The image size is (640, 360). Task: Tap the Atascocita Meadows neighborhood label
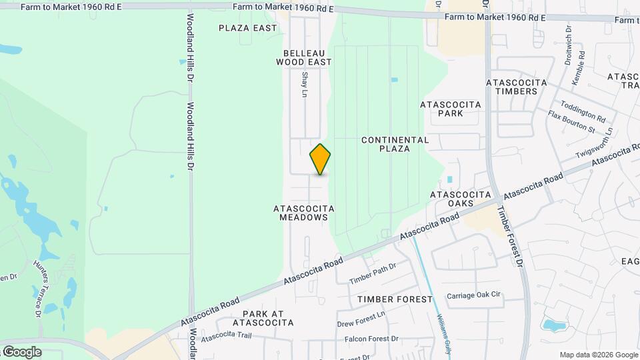[303, 213]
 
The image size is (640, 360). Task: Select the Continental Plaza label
[395, 144]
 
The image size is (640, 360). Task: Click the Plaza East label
[248, 28]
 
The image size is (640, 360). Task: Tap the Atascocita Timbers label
[517, 87]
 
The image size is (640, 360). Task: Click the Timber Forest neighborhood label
[395, 299]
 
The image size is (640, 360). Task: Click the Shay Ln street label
[305, 85]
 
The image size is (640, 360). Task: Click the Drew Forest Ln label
[361, 320]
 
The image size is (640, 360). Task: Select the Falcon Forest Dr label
[371, 339]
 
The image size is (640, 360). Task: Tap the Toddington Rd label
[583, 111]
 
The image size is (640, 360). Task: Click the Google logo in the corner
[21, 351]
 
